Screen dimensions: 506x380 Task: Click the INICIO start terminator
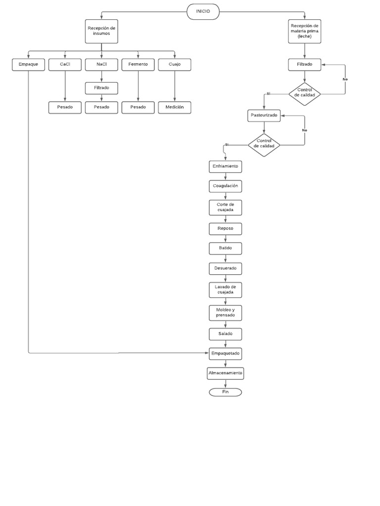click(203, 11)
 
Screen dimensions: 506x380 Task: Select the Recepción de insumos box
click(101, 31)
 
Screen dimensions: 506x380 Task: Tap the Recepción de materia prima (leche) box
click(304, 31)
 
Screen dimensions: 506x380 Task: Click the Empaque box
click(28, 65)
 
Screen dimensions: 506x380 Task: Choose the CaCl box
click(65, 65)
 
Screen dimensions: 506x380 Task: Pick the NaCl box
click(101, 65)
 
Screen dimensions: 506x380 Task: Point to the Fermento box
click(138, 65)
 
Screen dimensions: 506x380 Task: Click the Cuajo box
click(175, 65)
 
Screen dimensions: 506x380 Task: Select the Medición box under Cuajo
click(175, 107)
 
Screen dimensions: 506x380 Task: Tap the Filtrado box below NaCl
click(101, 88)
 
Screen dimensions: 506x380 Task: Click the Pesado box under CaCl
click(65, 107)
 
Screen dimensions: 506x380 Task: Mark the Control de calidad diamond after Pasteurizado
click(264, 144)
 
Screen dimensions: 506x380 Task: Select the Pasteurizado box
click(264, 116)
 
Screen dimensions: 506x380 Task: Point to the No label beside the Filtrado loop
click(345, 79)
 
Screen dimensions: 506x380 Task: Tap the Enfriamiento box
click(226, 167)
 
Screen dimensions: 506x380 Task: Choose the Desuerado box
click(226, 269)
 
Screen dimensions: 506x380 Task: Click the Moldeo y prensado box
click(226, 312)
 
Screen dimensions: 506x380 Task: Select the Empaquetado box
click(226, 353)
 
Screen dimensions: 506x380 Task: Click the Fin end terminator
click(226, 392)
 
